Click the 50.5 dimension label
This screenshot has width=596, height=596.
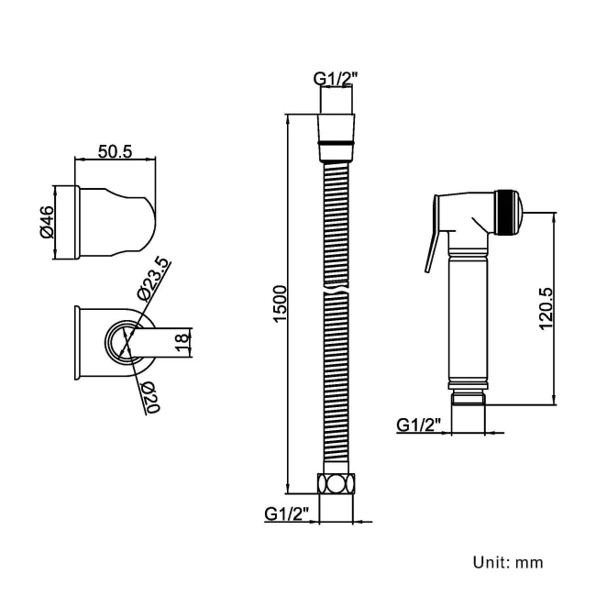[115, 151]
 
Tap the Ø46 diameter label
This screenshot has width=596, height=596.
[47, 222]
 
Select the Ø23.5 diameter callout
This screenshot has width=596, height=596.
[152, 279]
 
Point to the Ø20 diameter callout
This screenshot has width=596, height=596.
[151, 397]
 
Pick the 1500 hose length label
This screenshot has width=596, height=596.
[281, 304]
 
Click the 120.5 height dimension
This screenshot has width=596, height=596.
[546, 309]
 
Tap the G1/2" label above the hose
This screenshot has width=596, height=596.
[336, 79]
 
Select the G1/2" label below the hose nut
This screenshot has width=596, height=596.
[287, 513]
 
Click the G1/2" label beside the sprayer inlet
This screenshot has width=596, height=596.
[419, 425]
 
